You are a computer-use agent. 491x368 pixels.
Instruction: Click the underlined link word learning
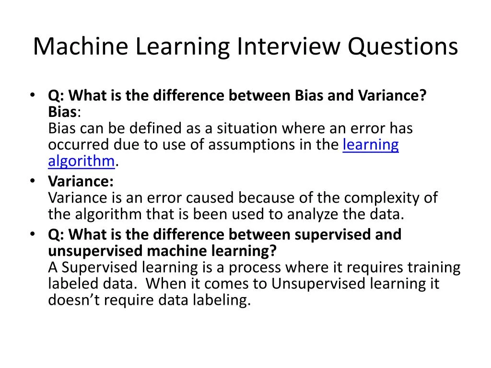point(371,145)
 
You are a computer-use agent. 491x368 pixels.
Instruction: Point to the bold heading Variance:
point(81,182)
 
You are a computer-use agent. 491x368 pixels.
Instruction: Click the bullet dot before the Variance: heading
point(32,181)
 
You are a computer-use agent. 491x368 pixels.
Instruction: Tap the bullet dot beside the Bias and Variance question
point(32,95)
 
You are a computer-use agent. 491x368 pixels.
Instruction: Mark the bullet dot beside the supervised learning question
point(32,234)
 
